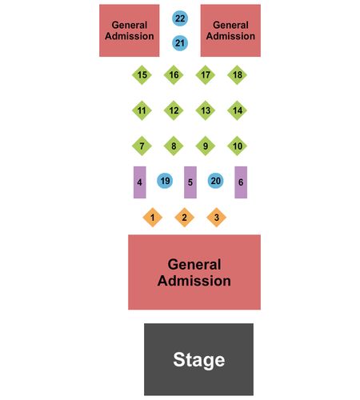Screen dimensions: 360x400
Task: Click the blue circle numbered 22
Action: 180,18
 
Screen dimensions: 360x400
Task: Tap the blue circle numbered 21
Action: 180,43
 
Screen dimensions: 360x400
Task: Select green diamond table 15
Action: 142,75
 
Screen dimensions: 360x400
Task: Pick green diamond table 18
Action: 237,75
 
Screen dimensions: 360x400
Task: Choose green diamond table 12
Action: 174,110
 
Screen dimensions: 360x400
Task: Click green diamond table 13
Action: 206,110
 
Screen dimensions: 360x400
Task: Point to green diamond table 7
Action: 142,146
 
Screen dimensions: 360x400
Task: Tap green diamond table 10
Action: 237,146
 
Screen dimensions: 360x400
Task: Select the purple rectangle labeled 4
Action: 140,182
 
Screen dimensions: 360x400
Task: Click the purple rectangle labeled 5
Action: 190,182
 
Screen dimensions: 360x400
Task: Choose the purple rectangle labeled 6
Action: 241,182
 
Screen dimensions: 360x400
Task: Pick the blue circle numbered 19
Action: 165,181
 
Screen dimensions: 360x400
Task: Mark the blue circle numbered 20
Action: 215,181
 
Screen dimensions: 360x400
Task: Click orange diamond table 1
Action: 153,218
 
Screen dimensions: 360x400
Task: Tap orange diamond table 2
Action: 185,218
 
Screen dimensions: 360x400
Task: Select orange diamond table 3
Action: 217,218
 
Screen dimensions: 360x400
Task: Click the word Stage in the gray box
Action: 199,360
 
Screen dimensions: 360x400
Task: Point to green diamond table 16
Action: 174,75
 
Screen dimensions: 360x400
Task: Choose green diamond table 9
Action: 206,146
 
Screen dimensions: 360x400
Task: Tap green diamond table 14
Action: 237,110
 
